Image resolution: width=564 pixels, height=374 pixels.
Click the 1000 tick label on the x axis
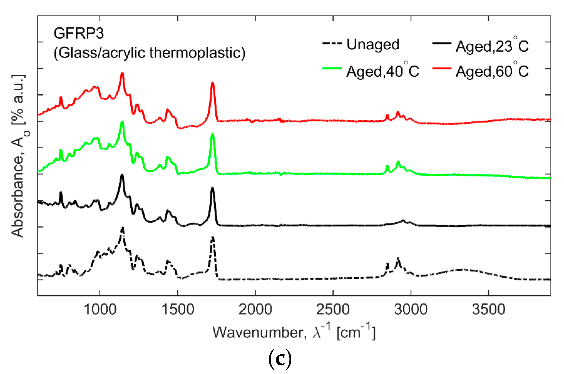[x=100, y=309]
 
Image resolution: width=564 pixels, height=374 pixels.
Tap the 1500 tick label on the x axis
[x=178, y=309]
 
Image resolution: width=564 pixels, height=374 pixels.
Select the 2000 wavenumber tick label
[x=255, y=309]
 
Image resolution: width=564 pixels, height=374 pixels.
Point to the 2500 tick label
[x=333, y=309]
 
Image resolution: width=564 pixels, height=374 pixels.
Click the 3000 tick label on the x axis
[x=410, y=309]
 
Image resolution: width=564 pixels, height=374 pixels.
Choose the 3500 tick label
[x=488, y=309]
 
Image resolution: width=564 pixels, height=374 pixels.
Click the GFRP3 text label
[x=79, y=33]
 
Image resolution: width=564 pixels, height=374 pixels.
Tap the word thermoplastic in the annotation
[x=197, y=53]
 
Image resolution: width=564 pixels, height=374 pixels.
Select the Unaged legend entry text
[x=373, y=45]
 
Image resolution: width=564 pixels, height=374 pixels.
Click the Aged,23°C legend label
[x=492, y=46]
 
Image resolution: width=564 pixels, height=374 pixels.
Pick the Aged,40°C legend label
[x=383, y=72]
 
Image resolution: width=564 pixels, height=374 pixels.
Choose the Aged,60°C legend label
[x=492, y=72]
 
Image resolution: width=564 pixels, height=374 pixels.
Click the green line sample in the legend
[x=332, y=68]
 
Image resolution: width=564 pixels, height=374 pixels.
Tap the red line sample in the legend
[x=442, y=68]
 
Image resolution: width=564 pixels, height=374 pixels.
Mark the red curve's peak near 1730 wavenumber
[x=212, y=84]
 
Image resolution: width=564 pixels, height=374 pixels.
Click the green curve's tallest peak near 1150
[x=122, y=122]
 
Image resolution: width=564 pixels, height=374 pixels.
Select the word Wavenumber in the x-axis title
[x=259, y=333]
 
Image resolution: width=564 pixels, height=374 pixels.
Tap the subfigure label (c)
[x=280, y=359]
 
